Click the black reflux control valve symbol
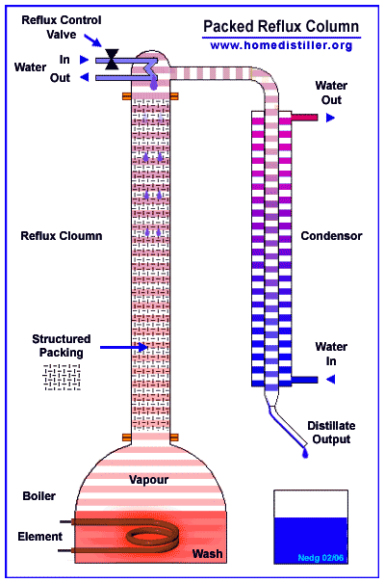point(112,59)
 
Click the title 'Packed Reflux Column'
point(281,27)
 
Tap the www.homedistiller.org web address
point(281,45)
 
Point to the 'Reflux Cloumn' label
point(62,236)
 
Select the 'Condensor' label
point(331,236)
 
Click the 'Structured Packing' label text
point(62,346)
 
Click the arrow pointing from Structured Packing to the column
point(124,347)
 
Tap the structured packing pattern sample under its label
point(62,377)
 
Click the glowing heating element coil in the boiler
point(153,537)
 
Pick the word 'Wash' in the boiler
point(207,554)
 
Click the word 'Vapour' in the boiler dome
point(148,480)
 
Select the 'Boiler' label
point(39,496)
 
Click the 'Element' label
point(40,537)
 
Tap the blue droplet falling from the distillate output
point(305,453)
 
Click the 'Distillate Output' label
point(331,433)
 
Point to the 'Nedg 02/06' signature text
point(321,558)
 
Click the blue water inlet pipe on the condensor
point(304,380)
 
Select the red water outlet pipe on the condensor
point(304,118)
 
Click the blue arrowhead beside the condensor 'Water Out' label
point(330,118)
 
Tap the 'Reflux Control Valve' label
point(62,27)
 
